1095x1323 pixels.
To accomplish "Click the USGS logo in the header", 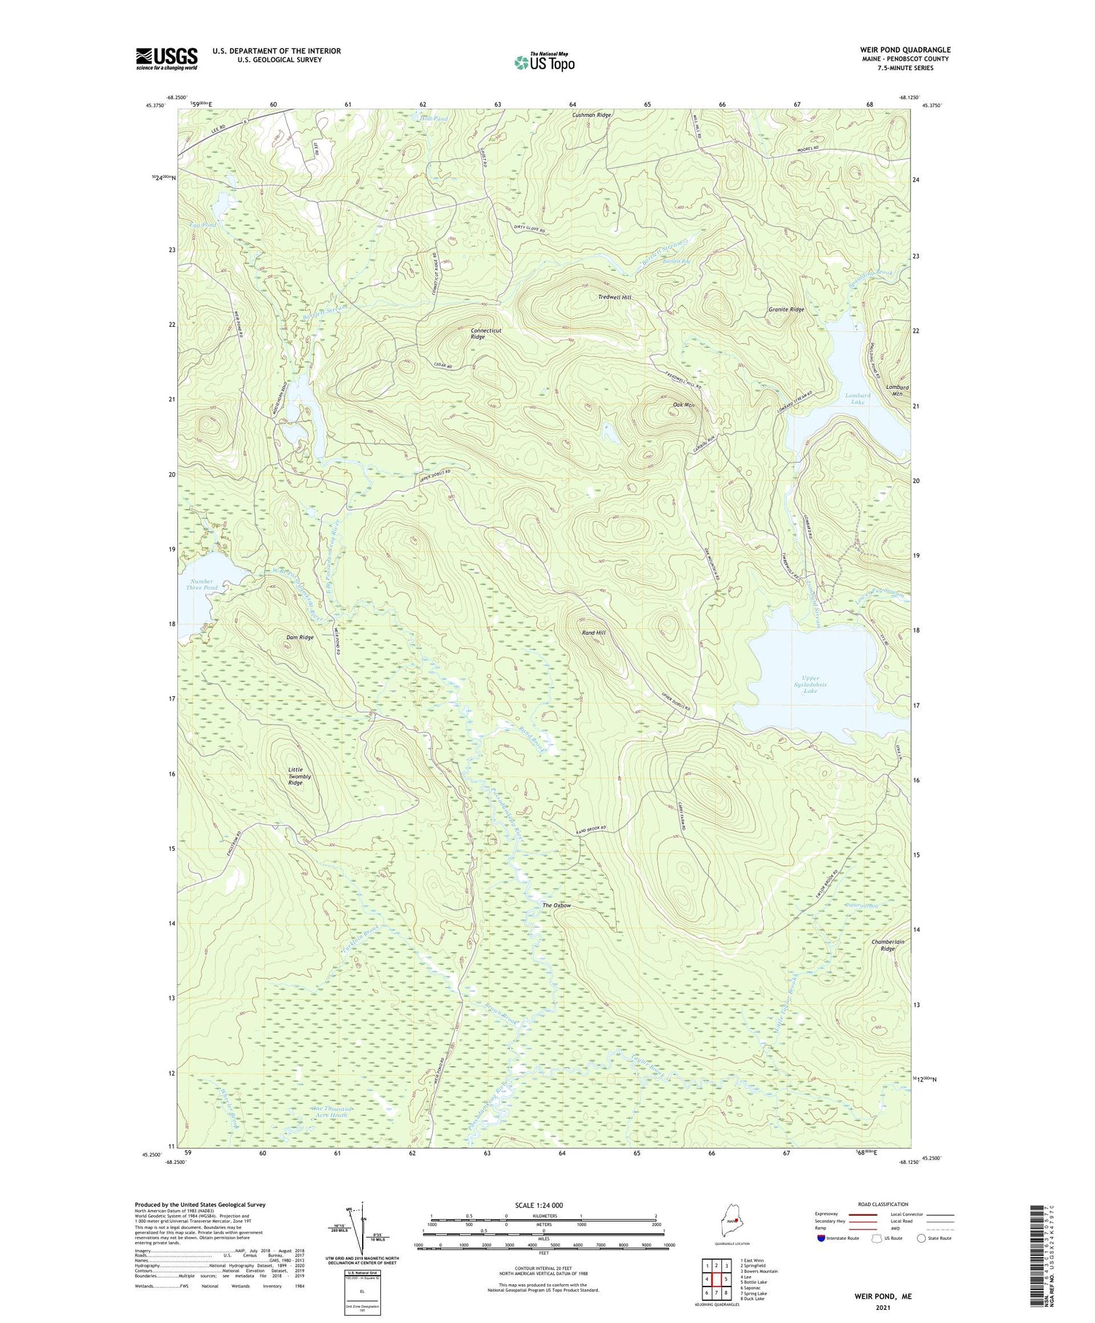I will tap(166, 58).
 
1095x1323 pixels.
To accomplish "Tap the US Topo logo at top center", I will tap(545, 62).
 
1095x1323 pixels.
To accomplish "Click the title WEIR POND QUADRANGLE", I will tap(904, 50).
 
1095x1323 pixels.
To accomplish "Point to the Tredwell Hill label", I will tap(615, 297).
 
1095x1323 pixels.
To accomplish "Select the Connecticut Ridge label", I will tap(486, 333).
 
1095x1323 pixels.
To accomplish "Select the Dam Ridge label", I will tap(299, 637).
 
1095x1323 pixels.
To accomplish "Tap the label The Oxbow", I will tap(556, 906).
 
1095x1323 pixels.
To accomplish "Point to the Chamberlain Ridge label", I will tap(887, 945).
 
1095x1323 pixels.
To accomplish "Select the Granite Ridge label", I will tap(786, 309).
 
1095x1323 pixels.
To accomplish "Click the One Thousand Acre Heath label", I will tap(332, 1111).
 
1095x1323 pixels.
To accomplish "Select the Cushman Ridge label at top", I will tap(591, 115).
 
